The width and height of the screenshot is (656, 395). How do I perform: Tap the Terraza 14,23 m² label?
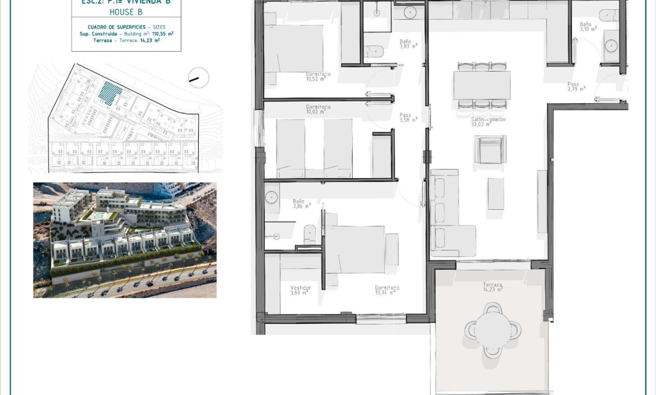493,287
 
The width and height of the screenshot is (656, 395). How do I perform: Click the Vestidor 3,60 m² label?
300,290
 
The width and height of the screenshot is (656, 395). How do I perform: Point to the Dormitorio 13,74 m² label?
387,290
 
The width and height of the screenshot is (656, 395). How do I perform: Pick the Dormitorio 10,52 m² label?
318,77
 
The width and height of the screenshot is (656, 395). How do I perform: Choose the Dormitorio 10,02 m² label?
318,110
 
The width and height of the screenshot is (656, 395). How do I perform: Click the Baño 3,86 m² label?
301,203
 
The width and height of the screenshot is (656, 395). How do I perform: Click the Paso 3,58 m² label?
408,118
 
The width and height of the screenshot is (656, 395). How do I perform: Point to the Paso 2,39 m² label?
576,86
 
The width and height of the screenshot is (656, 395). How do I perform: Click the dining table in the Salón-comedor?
482,85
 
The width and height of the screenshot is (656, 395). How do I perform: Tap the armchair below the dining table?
490,149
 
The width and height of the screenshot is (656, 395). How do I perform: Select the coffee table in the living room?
496,193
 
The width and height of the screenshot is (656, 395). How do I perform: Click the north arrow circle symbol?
199,77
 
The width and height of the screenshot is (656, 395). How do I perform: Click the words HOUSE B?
126,11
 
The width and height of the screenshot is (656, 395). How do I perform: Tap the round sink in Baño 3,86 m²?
272,197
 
